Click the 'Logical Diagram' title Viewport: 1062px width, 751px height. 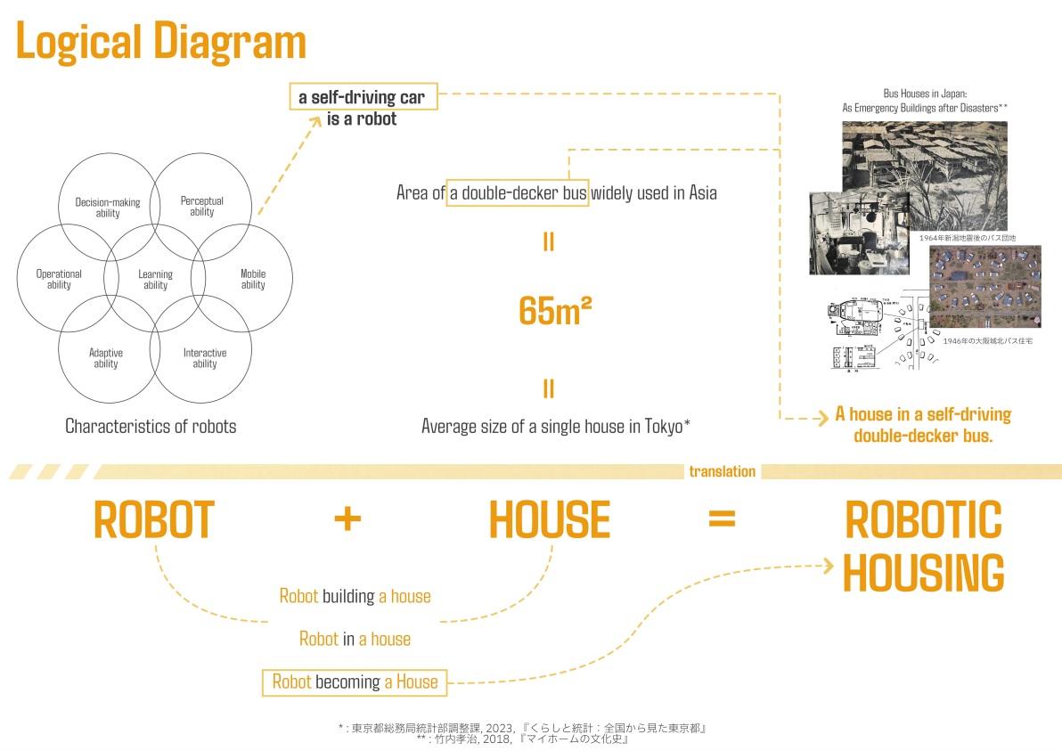pyautogui.click(x=160, y=42)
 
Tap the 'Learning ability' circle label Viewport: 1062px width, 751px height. pyautogui.click(x=155, y=280)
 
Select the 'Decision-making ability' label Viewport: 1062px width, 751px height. pyautogui.click(x=108, y=208)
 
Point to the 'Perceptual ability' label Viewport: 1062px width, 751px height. pyautogui.click(x=202, y=206)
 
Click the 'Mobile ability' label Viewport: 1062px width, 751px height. pyautogui.click(x=253, y=279)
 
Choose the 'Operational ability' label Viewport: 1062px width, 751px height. pyautogui.click(x=59, y=279)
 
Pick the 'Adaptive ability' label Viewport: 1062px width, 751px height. pyautogui.click(x=106, y=358)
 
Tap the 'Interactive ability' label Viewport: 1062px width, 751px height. pyautogui.click(x=205, y=358)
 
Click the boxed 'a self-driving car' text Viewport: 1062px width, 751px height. pyautogui.click(x=363, y=97)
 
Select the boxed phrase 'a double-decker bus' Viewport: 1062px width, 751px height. pyautogui.click(x=517, y=192)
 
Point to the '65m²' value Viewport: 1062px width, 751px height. pyautogui.click(x=555, y=310)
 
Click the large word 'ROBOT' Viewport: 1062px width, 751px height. pyautogui.click(x=154, y=520)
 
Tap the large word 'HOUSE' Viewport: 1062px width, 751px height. pyautogui.click(x=549, y=520)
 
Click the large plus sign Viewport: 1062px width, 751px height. pyautogui.click(x=347, y=519)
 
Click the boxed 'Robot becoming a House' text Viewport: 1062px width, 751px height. pyautogui.click(x=355, y=682)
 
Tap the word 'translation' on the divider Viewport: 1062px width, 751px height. pyautogui.click(x=722, y=471)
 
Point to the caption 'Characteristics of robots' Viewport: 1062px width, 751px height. pyautogui.click(x=151, y=426)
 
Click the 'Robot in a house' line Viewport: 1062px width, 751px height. pyautogui.click(x=355, y=639)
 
